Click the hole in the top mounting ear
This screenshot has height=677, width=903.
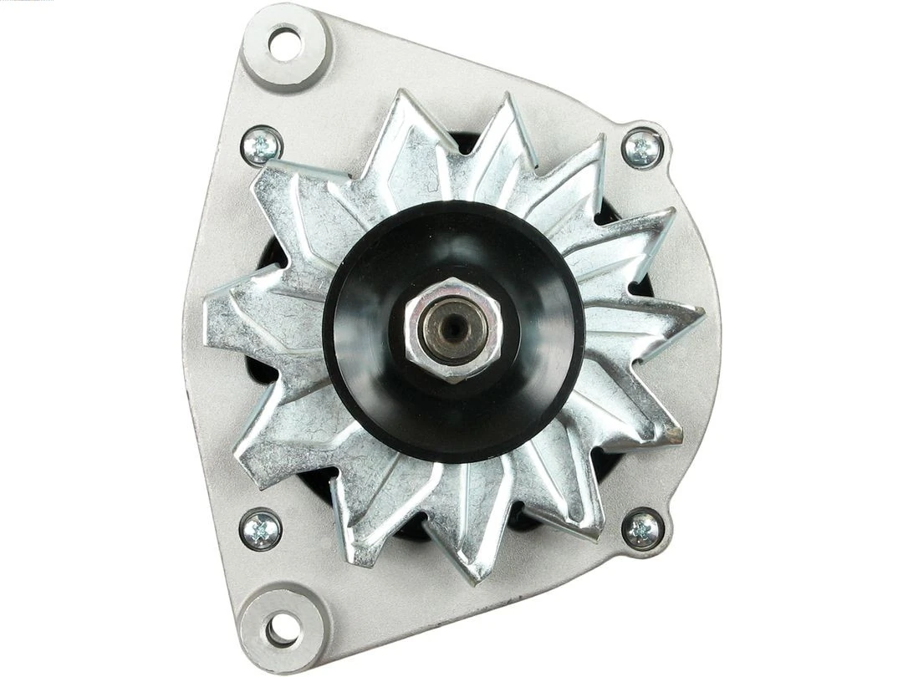click(x=285, y=43)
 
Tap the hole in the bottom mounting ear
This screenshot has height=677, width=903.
click(x=281, y=627)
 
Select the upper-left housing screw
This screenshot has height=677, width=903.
click(x=262, y=147)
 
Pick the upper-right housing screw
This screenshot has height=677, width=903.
click(x=643, y=150)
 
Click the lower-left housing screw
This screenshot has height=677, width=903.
click(x=260, y=529)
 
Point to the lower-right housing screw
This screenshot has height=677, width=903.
click(x=644, y=528)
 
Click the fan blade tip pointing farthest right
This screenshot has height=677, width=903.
click(x=701, y=318)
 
